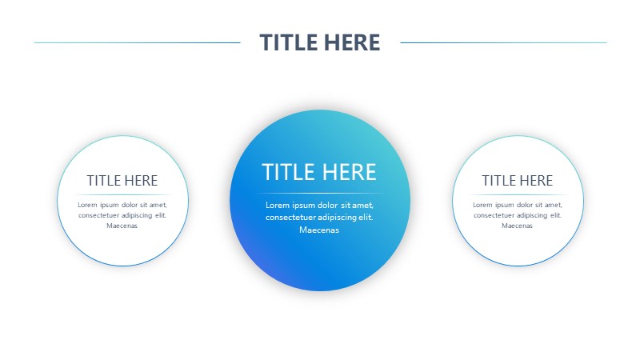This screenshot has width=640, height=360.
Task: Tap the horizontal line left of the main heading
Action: click(x=137, y=42)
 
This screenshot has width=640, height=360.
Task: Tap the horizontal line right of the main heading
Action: click(x=503, y=42)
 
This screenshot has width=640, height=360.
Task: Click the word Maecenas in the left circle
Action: click(x=122, y=226)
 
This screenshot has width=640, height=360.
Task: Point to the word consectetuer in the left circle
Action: click(x=98, y=215)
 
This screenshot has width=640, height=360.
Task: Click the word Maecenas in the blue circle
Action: click(x=319, y=230)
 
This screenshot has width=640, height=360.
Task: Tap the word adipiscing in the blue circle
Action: click(x=337, y=217)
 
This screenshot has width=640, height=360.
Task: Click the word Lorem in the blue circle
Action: click(x=278, y=205)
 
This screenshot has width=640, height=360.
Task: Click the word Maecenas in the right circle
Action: click(x=517, y=226)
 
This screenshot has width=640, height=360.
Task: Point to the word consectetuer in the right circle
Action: click(x=493, y=215)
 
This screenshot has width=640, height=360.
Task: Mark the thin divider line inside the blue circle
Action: click(x=319, y=193)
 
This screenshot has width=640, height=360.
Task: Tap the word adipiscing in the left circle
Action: click(x=137, y=215)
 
